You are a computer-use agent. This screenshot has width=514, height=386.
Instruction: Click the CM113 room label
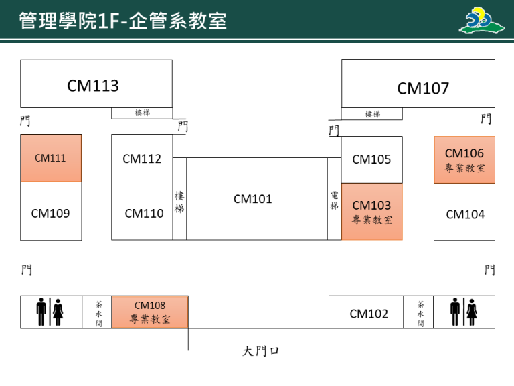pyautogui.click(x=93, y=86)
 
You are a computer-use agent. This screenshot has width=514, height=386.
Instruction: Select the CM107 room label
pyautogui.click(x=423, y=88)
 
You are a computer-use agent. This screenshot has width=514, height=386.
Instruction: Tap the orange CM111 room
pyautogui.click(x=51, y=158)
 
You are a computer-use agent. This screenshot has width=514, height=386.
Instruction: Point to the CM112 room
pyautogui.click(x=142, y=159)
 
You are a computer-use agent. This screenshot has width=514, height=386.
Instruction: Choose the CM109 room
pyautogui.click(x=51, y=213)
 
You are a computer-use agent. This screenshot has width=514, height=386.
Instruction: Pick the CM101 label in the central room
pyautogui.click(x=253, y=199)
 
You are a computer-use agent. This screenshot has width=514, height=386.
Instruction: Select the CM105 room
pyautogui.click(x=371, y=159)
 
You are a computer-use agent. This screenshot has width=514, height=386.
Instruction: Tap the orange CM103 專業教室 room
pyautogui.click(x=371, y=212)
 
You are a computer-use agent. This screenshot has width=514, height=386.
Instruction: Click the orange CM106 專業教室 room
pyautogui.click(x=464, y=160)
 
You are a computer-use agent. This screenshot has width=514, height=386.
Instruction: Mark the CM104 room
pyautogui.click(x=465, y=214)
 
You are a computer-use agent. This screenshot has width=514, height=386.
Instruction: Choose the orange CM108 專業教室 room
pyautogui.click(x=150, y=312)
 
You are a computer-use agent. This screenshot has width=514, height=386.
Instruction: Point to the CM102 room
pyautogui.click(x=369, y=313)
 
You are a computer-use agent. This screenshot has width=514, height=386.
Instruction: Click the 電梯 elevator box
pyautogui.click(x=334, y=200)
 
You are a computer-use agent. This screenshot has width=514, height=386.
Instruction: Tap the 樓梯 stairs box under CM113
pyautogui.click(x=142, y=113)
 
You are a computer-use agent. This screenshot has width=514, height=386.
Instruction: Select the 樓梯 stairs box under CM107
pyautogui.click(x=372, y=114)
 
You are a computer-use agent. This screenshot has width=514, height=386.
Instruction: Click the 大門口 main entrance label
pyautogui.click(x=261, y=351)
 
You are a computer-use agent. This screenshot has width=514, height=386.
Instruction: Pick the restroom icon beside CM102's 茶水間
pyautogui.click(x=464, y=312)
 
